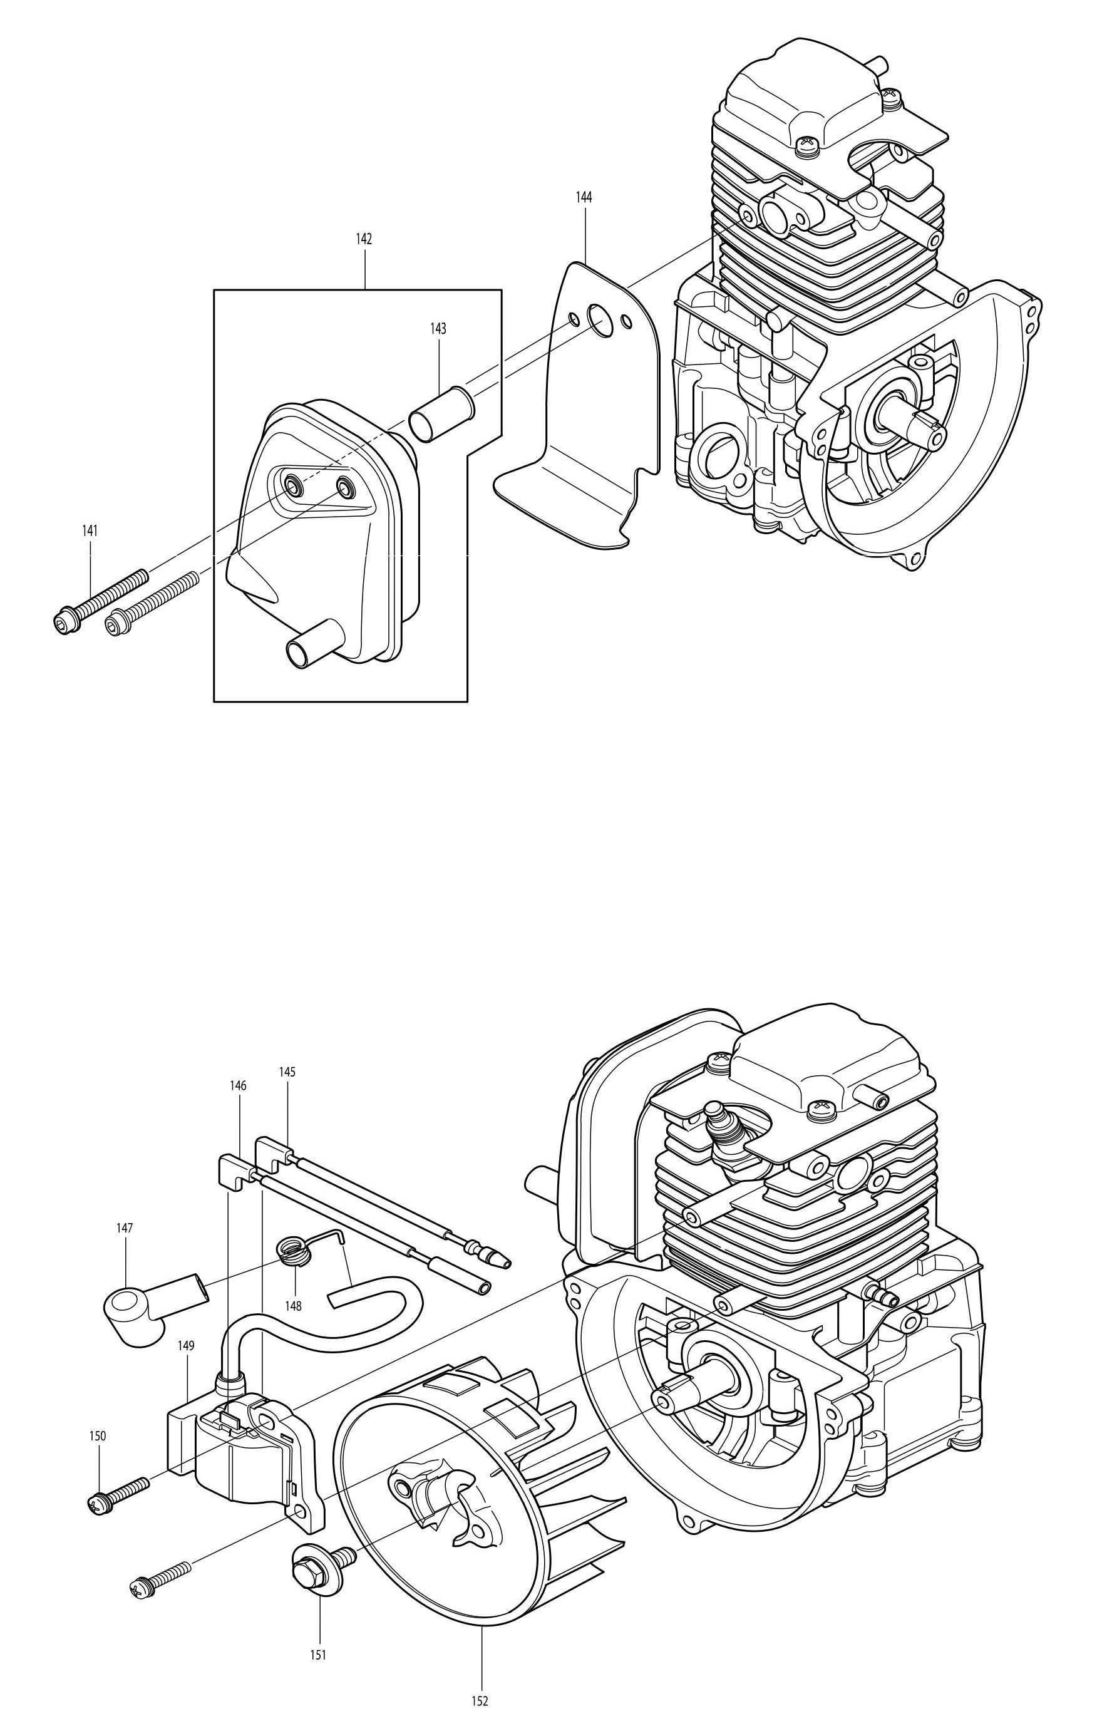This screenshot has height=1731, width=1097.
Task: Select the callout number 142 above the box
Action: point(364,239)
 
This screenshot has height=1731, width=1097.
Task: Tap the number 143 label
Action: point(438,329)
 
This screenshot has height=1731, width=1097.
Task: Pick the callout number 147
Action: point(125,1229)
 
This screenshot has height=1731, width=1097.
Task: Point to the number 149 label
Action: point(186,1345)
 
